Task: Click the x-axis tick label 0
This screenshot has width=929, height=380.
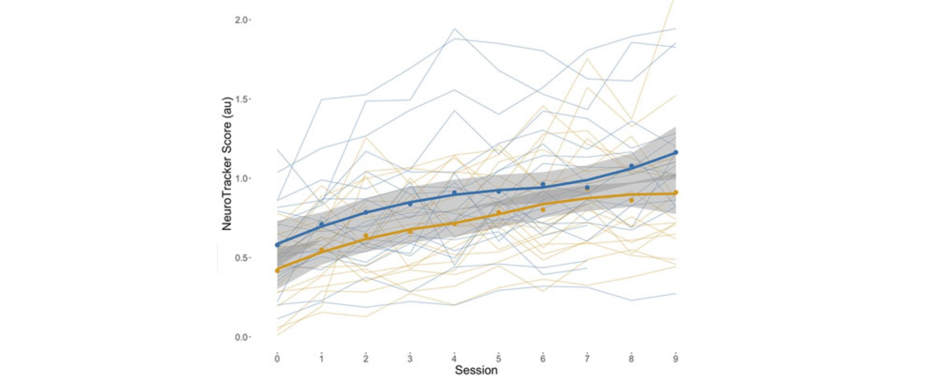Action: pos(277,359)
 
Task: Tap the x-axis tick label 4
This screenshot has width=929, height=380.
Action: pos(454,359)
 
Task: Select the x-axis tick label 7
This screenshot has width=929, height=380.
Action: pos(587,359)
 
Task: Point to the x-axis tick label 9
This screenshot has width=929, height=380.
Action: pos(675,359)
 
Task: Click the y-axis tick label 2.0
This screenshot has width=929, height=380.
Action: pos(242,20)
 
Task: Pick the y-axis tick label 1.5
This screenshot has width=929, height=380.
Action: pos(242,100)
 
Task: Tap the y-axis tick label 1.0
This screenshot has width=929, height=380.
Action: pos(242,179)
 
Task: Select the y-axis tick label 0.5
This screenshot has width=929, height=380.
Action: pos(242,258)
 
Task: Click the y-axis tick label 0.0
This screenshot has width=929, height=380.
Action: pos(242,337)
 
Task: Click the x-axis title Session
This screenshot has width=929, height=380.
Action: pos(476,370)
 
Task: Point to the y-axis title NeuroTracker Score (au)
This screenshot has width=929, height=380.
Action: pos(227,163)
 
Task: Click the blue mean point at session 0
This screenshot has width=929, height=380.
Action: pos(278,245)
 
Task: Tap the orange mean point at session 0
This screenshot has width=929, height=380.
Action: pos(278,270)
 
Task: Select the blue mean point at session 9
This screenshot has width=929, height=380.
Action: pos(676,153)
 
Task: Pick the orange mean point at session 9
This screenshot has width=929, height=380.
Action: pos(676,192)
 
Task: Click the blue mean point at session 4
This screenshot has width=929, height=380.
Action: pos(454,193)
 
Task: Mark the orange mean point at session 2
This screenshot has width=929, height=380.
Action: pos(366,236)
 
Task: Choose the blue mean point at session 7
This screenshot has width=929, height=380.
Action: pos(587,187)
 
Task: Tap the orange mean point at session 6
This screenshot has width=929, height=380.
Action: pos(543,210)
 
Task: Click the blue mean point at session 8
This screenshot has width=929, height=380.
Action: pos(631,166)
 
